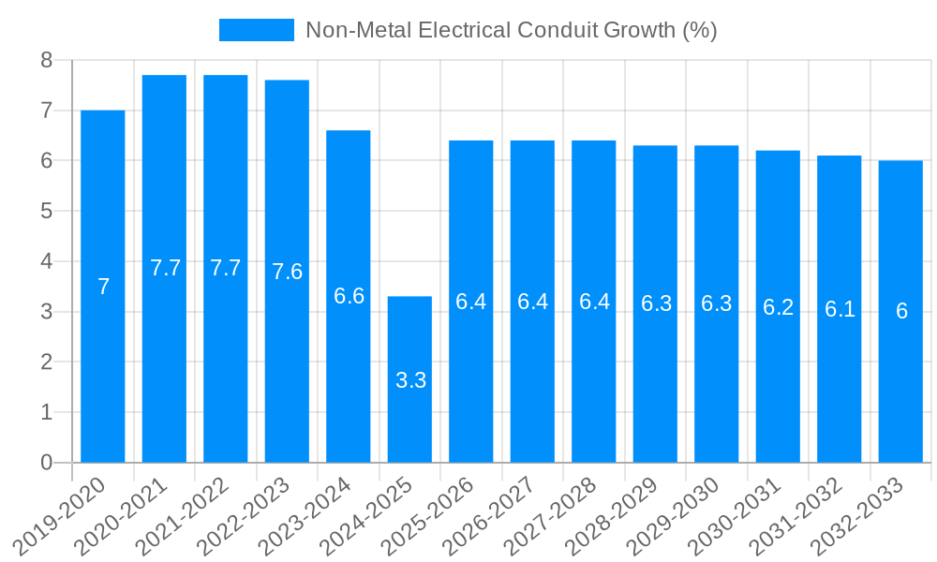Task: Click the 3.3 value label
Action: point(410,380)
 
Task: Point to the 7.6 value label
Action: point(287,272)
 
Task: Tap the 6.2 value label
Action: point(778,307)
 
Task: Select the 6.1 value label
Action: point(840,309)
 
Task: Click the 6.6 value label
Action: point(349,296)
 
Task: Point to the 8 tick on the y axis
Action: point(46,61)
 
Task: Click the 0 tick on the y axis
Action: point(46,463)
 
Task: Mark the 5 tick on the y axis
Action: point(46,212)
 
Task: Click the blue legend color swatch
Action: point(256,30)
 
